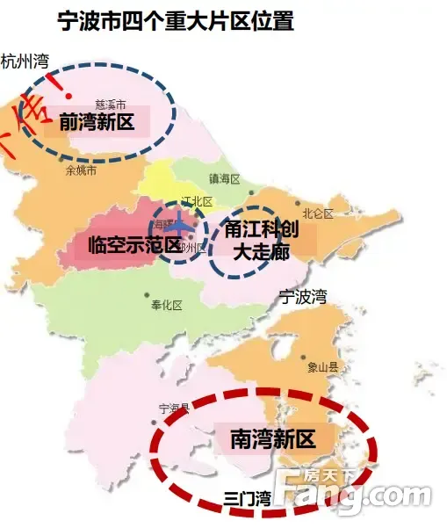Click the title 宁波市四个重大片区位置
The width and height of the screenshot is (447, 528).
(x=175, y=21)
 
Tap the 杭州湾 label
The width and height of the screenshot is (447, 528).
(x=25, y=61)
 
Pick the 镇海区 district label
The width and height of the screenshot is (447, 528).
(x=224, y=179)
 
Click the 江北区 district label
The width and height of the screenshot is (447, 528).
(x=196, y=202)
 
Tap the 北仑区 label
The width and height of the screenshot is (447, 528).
(x=317, y=213)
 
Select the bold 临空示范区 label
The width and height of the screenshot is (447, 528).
(x=135, y=244)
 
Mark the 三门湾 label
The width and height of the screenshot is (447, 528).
(x=247, y=498)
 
